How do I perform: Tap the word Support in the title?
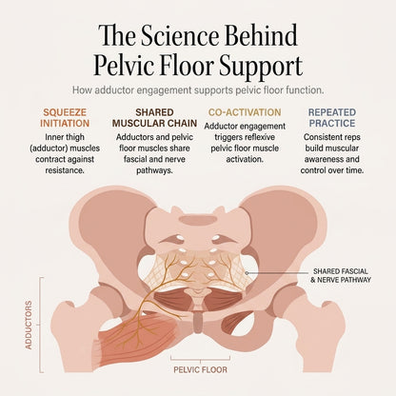260,67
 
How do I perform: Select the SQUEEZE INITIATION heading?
65,118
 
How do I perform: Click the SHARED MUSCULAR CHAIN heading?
154,118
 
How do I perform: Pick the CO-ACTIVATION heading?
245,112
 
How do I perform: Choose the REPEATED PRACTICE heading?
332,118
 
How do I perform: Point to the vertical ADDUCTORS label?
29,326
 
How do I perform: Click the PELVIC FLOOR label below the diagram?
200,369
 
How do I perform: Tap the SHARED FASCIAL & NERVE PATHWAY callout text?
340,275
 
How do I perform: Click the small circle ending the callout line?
247,272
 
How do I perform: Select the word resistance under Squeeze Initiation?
65,170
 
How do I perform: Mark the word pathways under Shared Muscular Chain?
154,170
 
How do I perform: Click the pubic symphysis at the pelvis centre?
198,321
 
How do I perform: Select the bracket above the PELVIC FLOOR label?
200,359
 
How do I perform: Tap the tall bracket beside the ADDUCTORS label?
40,325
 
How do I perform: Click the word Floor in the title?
181,67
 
